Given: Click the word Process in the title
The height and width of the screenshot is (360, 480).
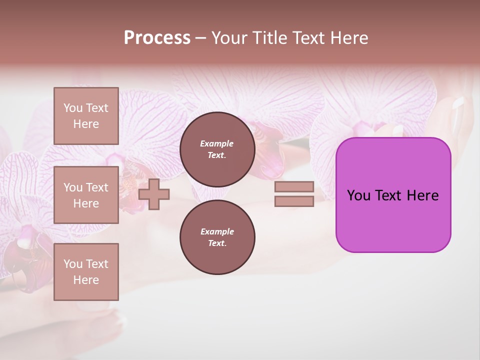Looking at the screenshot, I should pyautogui.click(x=157, y=38).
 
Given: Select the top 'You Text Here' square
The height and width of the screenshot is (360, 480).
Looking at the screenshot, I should pyautogui.click(x=86, y=116).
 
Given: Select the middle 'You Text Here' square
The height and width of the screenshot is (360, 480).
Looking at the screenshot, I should pyautogui.click(x=86, y=195).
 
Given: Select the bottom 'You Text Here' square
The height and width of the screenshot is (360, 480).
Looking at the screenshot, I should pyautogui.click(x=86, y=272).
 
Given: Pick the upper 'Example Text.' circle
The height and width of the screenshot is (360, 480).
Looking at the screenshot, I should pyautogui.click(x=217, y=149).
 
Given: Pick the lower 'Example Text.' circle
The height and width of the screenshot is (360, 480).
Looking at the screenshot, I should pyautogui.click(x=217, y=237).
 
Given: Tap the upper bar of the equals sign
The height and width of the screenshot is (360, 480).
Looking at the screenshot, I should pyautogui.click(x=294, y=186).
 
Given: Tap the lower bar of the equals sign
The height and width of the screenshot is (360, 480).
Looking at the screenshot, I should pyautogui.click(x=294, y=201).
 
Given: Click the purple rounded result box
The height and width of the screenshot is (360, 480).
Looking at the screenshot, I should pyautogui.click(x=393, y=220).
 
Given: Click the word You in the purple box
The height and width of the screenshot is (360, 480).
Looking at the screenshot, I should pyautogui.click(x=358, y=195).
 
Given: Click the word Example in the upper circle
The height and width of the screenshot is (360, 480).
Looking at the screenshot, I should pyautogui.click(x=217, y=143).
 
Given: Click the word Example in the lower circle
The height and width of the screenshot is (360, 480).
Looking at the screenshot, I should pyautogui.click(x=217, y=231).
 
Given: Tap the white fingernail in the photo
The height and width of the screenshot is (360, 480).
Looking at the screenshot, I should pyautogui.click(x=458, y=103).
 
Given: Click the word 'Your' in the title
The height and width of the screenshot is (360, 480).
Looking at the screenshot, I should pyautogui.click(x=229, y=38).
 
